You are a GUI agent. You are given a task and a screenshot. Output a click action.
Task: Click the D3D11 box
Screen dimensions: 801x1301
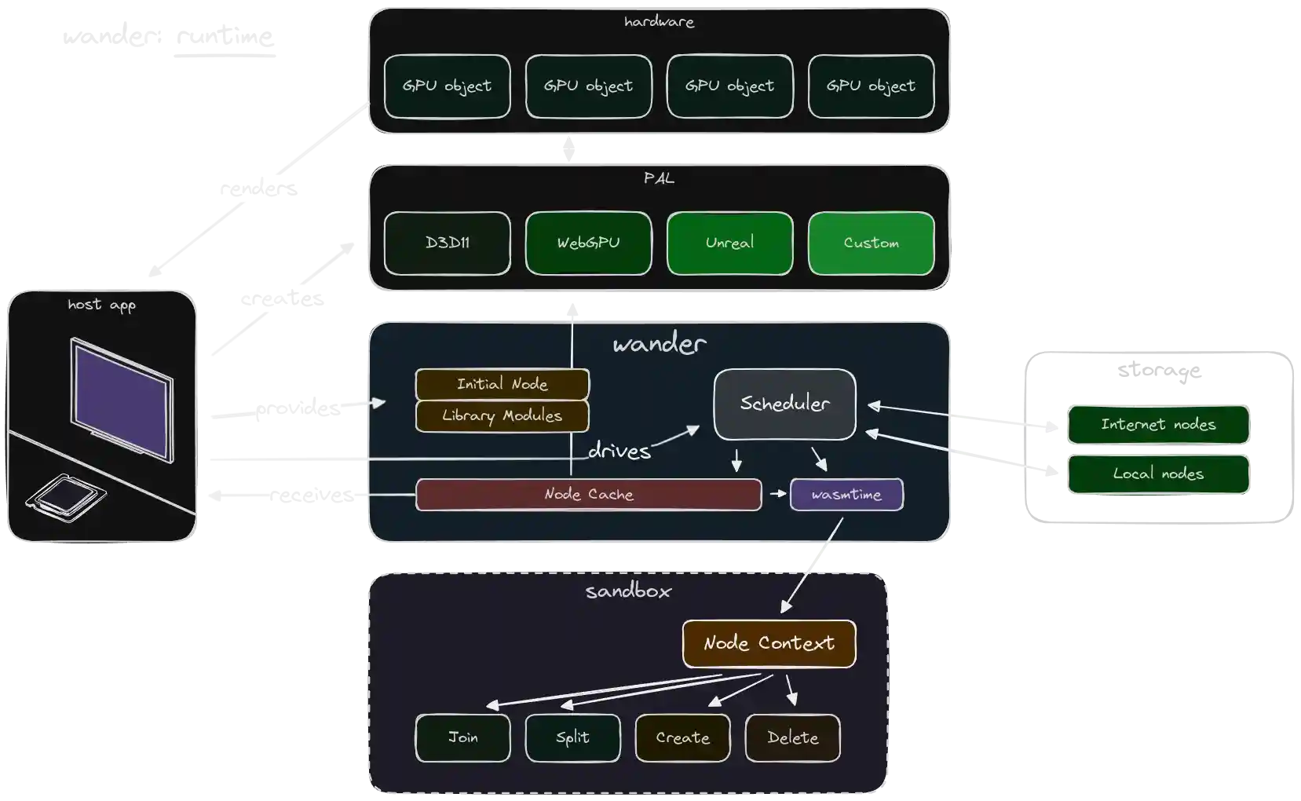447,243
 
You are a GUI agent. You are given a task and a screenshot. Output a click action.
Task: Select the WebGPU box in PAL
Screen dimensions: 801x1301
588,243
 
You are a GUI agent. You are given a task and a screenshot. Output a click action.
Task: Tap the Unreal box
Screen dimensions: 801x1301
729,243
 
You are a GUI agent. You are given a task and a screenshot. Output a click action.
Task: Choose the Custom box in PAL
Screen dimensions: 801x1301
871,243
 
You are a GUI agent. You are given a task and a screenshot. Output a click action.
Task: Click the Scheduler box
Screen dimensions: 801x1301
784,404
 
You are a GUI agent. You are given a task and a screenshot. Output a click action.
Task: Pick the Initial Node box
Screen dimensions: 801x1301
502,384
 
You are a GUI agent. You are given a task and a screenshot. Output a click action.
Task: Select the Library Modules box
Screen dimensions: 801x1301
502,416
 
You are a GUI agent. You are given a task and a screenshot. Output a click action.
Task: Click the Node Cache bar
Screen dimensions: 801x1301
588,495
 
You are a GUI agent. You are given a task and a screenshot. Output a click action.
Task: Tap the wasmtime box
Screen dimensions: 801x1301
846,495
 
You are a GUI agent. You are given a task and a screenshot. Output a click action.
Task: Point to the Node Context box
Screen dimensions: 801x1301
769,644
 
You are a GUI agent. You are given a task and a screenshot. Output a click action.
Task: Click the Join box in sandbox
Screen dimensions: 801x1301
462,738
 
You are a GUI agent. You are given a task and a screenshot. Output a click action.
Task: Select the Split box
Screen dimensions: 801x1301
572,738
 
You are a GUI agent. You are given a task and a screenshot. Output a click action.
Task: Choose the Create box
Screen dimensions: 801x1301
682,738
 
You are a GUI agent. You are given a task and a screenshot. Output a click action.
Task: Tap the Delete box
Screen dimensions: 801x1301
792,738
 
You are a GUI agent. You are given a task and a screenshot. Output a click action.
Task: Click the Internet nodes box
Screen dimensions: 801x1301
1158,425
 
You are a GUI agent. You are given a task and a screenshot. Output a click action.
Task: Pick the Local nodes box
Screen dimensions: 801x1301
1158,474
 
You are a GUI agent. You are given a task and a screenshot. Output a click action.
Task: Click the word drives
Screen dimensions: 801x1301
619,451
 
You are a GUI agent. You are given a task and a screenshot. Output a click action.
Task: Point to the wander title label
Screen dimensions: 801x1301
659,344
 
